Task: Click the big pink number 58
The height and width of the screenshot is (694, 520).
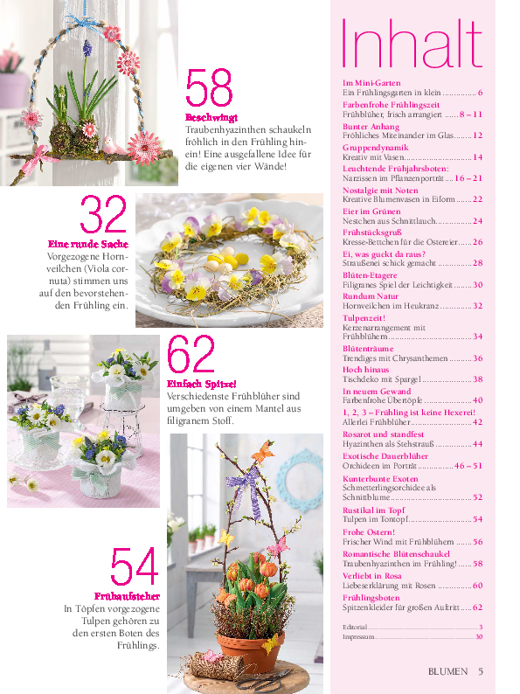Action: tap(209, 89)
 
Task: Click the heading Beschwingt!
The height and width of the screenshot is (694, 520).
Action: tap(211, 117)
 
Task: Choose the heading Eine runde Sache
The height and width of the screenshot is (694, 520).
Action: tap(87, 244)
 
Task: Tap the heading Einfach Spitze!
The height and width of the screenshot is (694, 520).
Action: tap(201, 384)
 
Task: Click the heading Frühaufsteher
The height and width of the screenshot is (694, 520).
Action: tap(127, 596)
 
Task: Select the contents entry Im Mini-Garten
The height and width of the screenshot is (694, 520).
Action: tap(365, 81)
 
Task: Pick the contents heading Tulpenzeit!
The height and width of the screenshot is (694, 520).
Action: tap(360, 320)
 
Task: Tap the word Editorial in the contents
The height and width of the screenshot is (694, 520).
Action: tap(355, 627)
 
